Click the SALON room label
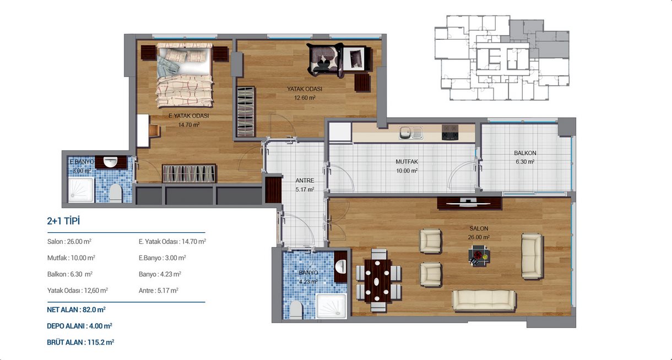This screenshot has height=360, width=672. pyautogui.click(x=479, y=228)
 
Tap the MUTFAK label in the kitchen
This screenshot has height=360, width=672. pyautogui.click(x=407, y=162)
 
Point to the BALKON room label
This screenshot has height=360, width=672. pyautogui.click(x=525, y=153)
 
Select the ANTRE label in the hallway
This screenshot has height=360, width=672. pyautogui.click(x=305, y=181)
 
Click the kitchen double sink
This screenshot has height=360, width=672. pyautogui.click(x=411, y=133)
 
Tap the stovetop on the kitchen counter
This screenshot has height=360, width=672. pyautogui.click(x=450, y=133)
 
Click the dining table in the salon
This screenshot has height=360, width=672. pyautogui.click(x=378, y=281)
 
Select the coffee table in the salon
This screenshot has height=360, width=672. pyautogui.click(x=479, y=255)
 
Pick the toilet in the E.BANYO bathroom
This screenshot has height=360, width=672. pyautogui.click(x=116, y=193)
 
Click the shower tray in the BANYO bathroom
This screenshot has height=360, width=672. pyautogui.click(x=332, y=307)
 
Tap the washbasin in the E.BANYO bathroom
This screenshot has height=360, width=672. pyautogui.click(x=110, y=162)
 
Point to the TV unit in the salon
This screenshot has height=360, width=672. pyautogui.click(x=469, y=203)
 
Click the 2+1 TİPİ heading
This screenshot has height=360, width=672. pyautogui.click(x=63, y=221)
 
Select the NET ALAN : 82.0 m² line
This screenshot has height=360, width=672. pyautogui.click(x=76, y=310)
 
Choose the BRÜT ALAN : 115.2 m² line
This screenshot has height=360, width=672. pyautogui.click(x=80, y=342)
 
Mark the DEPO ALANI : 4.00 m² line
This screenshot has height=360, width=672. pyautogui.click(x=79, y=326)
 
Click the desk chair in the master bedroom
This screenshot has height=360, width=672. pyautogui.click(x=154, y=130)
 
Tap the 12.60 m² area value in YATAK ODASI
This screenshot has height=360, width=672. pyautogui.click(x=305, y=98)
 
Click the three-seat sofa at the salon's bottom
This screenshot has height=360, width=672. pyautogui.click(x=484, y=300)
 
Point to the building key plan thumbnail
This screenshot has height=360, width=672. pyautogui.click(x=502, y=58)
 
